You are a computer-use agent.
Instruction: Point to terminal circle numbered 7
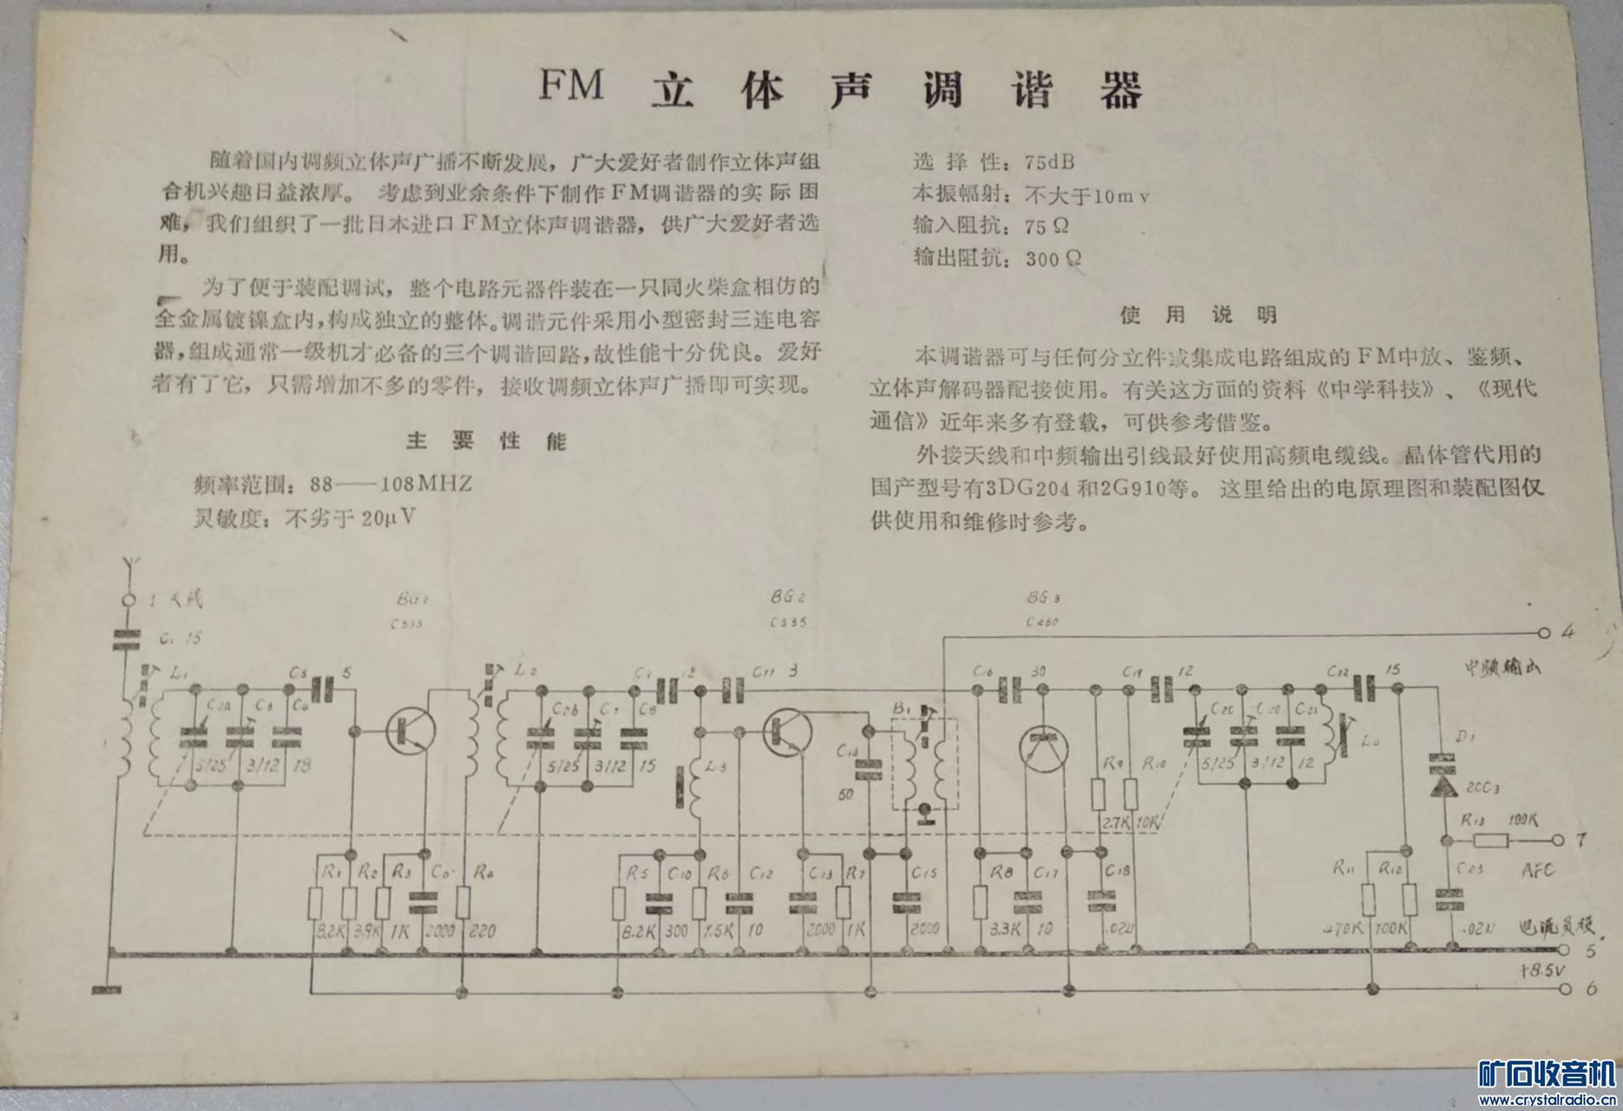[x=1558, y=840]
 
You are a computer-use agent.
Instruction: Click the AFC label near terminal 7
[x=1537, y=871]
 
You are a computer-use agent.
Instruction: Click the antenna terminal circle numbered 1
[x=128, y=600]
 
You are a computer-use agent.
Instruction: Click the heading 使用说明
[x=1198, y=314]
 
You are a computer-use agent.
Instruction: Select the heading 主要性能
[x=485, y=441]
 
